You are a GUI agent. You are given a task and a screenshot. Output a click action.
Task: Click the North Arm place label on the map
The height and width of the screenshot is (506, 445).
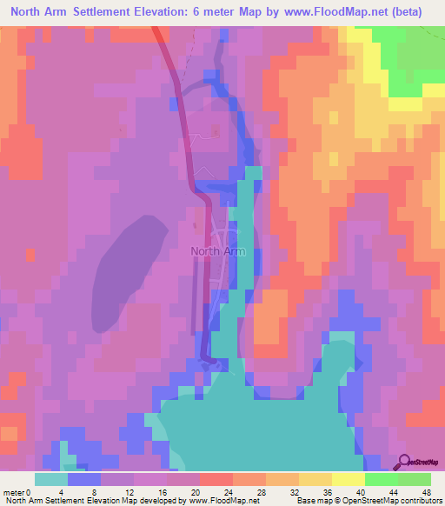(217, 251)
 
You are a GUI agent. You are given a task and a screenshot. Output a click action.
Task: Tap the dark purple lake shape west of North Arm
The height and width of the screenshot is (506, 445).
(130, 270)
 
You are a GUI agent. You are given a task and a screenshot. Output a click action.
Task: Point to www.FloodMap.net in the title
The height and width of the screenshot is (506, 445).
(359, 12)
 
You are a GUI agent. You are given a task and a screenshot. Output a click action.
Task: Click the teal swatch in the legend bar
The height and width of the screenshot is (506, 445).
(51, 479)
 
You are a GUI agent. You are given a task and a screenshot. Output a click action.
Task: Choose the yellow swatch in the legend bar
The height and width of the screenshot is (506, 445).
(315, 479)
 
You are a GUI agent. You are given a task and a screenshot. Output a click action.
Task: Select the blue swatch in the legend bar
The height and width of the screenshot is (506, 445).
(84, 479)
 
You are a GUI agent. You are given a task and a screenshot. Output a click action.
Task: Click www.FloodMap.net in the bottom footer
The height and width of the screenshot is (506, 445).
(220, 500)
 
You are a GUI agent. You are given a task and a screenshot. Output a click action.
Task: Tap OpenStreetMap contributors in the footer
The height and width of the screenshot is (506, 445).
(390, 500)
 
